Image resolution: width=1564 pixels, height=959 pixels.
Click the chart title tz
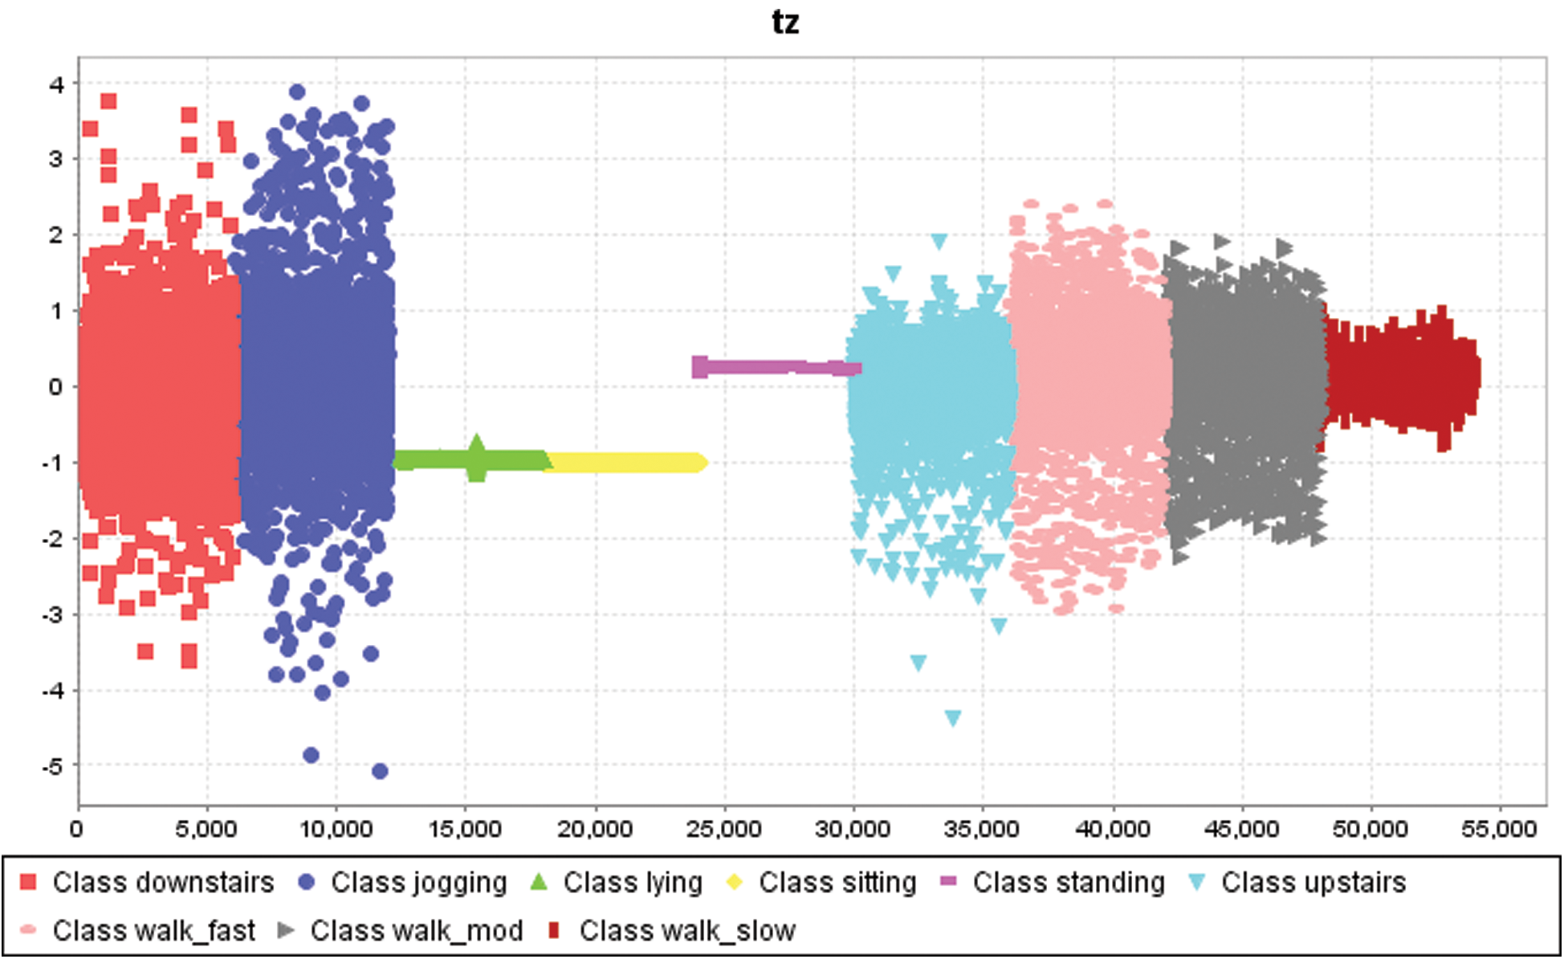pyautogui.click(x=785, y=22)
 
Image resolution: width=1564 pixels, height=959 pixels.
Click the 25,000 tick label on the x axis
pyautogui.click(x=723, y=830)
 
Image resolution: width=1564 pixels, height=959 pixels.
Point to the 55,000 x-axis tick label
pyautogui.click(x=1499, y=830)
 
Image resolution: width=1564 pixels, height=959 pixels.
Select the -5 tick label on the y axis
pyautogui.click(x=52, y=766)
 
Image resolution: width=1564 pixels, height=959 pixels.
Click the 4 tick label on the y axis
pyautogui.click(x=56, y=84)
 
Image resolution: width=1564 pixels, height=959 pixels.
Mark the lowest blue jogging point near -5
pyautogui.click(x=380, y=772)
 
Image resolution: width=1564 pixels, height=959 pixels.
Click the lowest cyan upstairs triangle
pyautogui.click(x=953, y=718)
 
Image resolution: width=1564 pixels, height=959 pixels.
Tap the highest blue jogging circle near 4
pyautogui.click(x=297, y=92)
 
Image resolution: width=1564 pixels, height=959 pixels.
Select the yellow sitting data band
pyautogui.click(x=626, y=463)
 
